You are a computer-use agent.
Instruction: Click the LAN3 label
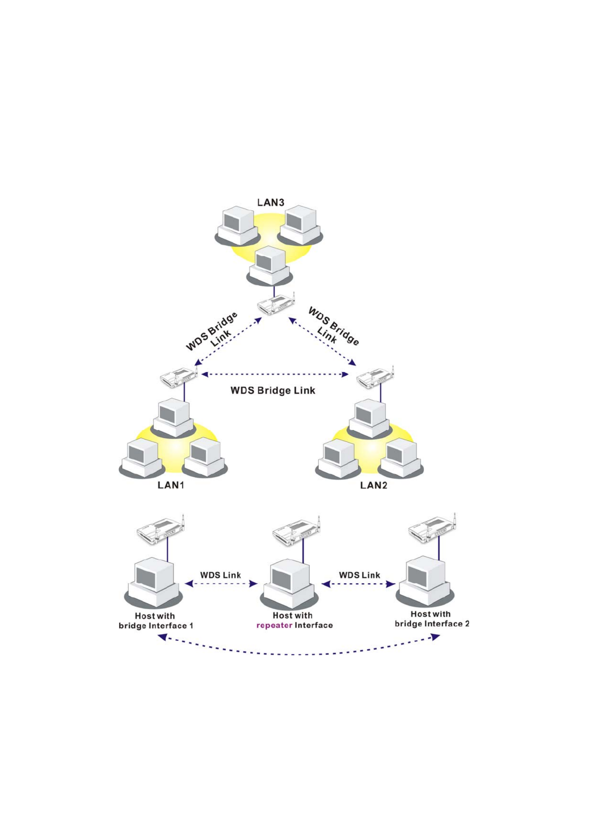pyautogui.click(x=270, y=202)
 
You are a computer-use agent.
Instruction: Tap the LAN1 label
pyautogui.click(x=171, y=485)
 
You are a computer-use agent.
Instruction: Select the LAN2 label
pyautogui.click(x=373, y=485)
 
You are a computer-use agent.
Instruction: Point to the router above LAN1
pyautogui.click(x=179, y=377)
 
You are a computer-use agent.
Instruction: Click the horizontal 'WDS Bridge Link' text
pyautogui.click(x=273, y=390)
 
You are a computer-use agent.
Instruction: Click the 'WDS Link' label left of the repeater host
pyautogui.click(x=221, y=575)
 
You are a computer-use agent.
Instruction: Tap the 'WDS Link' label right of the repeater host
pyautogui.click(x=359, y=575)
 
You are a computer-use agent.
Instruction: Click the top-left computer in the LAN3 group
pyautogui.click(x=237, y=226)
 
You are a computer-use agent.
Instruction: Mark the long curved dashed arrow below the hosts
pyautogui.click(x=299, y=654)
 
